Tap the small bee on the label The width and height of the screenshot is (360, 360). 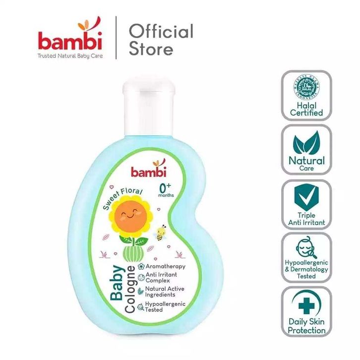(x=161, y=233)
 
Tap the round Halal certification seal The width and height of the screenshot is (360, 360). (x=306, y=91)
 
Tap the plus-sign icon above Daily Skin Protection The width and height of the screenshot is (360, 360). (x=305, y=303)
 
